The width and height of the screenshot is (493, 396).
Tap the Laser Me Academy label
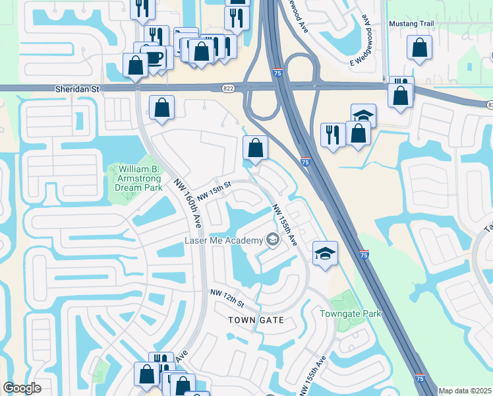[223, 240]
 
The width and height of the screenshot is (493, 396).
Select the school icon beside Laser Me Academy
[272, 241]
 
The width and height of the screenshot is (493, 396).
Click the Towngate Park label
[351, 314]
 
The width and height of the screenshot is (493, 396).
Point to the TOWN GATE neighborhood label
[256, 320]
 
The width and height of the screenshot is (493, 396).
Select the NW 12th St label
[227, 297]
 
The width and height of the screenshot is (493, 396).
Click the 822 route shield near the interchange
[228, 88]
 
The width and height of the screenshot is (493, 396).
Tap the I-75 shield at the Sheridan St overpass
[278, 73]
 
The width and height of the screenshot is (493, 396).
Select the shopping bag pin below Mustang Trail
[419, 48]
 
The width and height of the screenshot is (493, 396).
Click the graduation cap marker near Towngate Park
[324, 253]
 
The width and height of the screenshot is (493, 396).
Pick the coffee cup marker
[153, 57]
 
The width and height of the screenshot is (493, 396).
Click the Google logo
[22, 388]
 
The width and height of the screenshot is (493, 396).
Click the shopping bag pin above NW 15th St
[256, 148]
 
